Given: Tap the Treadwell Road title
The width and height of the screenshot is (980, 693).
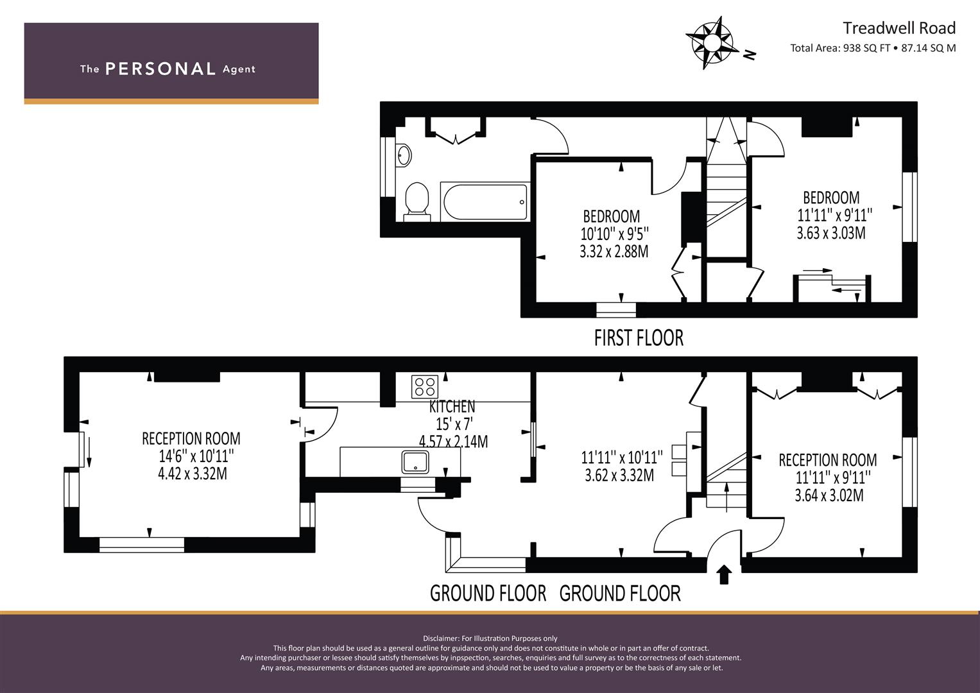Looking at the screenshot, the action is [899, 28].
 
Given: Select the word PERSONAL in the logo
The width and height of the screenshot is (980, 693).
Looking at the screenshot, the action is [160, 69].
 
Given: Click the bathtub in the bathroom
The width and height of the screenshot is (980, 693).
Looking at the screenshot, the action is [485, 201].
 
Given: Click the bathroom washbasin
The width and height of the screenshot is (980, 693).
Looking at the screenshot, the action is [404, 155].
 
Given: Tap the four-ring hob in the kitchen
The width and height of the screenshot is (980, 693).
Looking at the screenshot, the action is [425, 387].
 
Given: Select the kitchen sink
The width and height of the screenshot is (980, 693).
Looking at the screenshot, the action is [415, 461].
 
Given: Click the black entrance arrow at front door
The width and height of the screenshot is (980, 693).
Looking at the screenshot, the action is [725, 574].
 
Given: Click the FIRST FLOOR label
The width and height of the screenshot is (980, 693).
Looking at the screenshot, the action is [639, 338].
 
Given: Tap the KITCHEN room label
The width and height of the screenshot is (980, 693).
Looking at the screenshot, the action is [452, 406].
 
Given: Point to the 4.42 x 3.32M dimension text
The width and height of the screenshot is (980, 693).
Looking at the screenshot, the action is [193, 474].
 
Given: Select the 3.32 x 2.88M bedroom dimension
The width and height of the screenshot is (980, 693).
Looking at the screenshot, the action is [614, 252].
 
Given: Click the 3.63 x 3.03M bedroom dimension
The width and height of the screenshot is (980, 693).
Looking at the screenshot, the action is [831, 233].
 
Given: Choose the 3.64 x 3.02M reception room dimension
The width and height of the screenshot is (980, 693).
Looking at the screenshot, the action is [829, 495].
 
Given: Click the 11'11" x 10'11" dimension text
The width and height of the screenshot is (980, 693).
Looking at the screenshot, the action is [622, 458].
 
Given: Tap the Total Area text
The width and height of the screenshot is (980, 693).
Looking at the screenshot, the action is [873, 48].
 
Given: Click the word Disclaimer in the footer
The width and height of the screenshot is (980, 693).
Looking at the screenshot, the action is [441, 638].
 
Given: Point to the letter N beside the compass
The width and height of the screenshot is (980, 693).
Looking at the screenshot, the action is [750, 55].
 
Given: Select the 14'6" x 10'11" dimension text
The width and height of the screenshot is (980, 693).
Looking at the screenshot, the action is [196, 456].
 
